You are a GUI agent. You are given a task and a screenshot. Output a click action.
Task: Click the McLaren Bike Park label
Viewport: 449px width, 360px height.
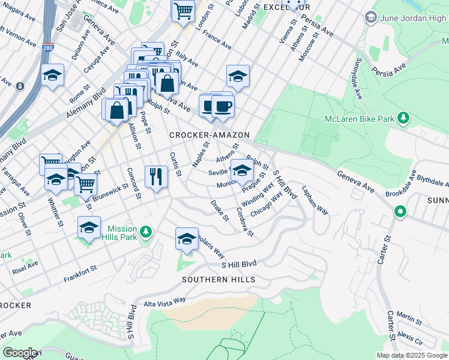coord(360,119)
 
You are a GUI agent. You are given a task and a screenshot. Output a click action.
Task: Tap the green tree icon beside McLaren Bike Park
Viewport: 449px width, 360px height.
coord(405,118)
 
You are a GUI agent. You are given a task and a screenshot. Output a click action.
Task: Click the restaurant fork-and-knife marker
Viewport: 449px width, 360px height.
coord(156,176)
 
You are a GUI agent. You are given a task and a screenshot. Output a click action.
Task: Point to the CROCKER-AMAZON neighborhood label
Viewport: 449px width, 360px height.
coord(209,136)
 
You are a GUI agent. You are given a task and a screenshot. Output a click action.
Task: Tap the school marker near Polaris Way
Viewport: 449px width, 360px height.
coord(187,239)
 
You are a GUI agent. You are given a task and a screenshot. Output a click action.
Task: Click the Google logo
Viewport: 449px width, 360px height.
coord(20,353)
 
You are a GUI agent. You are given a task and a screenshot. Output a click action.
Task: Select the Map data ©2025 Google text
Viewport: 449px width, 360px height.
coord(411,355)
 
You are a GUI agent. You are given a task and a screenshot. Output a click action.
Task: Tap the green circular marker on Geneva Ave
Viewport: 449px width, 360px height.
coord(399,212)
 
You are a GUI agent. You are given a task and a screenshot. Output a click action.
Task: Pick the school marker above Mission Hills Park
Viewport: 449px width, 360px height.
coord(89,227)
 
